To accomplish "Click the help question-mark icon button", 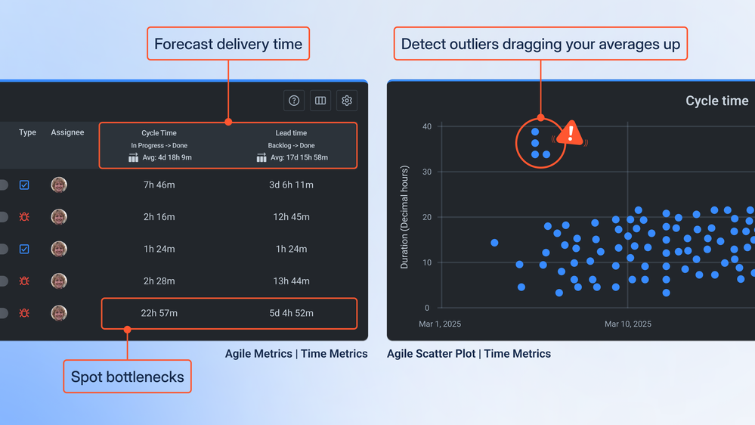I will (x=294, y=101).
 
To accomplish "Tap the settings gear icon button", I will (x=347, y=101).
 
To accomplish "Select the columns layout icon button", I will (x=320, y=101).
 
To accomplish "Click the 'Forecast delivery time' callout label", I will (x=228, y=45).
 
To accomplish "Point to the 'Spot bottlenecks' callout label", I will (x=128, y=377).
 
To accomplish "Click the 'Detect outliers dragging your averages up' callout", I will (x=540, y=45).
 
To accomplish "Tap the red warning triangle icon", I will (x=571, y=133).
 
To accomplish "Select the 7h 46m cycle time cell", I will (x=159, y=185).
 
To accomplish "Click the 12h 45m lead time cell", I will (x=291, y=217).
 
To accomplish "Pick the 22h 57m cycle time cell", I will (x=159, y=313).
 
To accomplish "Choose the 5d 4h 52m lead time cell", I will (x=291, y=313).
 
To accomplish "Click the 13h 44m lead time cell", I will (x=291, y=281).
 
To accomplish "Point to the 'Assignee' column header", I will (x=67, y=132).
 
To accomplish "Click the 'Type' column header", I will (x=27, y=132).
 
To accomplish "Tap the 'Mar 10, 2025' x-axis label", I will (x=627, y=324).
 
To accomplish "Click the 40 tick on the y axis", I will (x=427, y=126).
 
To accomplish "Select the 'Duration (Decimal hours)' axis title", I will (x=404, y=217).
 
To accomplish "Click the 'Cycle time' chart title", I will (x=716, y=101).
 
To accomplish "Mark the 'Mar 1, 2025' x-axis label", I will (x=440, y=324).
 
